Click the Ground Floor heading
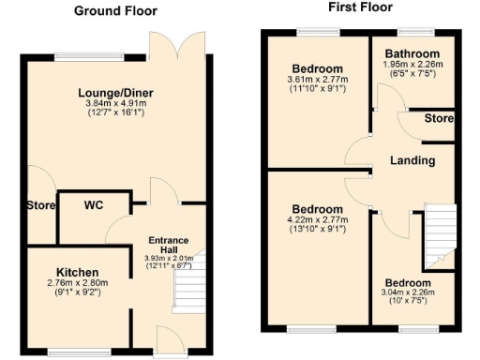pyautogui.click(x=115, y=11)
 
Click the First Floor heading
pyautogui.click(x=359, y=7)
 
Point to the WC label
pyautogui.click(x=94, y=204)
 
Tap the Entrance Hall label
pyautogui.click(x=169, y=246)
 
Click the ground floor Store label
pyautogui.click(x=40, y=205)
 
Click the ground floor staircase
pyautogui.click(x=189, y=288)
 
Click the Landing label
pyautogui.click(x=412, y=160)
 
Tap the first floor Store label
pyautogui.click(x=438, y=119)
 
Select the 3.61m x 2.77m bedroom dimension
pyautogui.click(x=316, y=82)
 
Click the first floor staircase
pyautogui.click(x=439, y=233)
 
